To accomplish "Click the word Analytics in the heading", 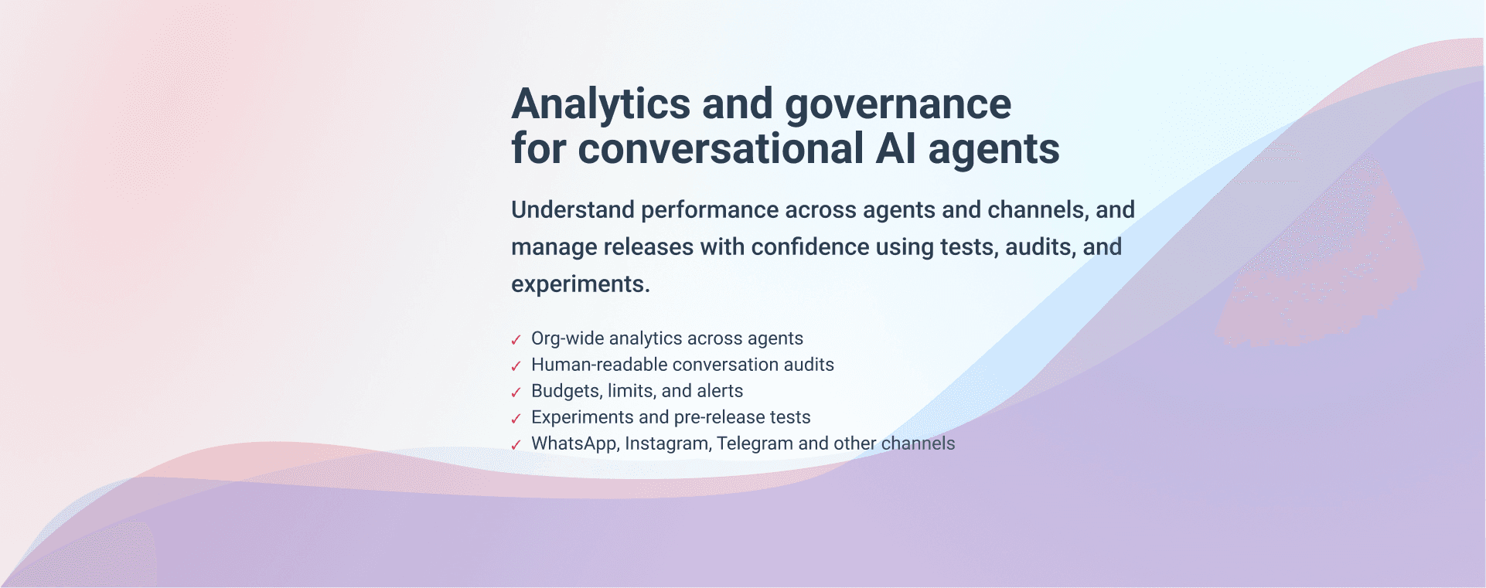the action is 601,104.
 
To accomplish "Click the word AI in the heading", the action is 895,148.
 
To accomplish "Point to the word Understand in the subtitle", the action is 573,209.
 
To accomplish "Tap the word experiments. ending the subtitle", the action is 581,284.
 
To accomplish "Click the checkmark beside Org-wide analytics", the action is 516,340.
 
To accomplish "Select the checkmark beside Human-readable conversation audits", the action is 516,366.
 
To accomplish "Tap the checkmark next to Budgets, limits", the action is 516,393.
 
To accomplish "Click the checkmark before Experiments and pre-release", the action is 516,419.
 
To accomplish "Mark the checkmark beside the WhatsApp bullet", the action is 516,445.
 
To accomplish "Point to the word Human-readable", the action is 598,365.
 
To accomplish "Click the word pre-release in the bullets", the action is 719,417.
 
